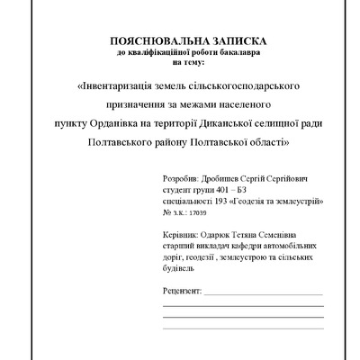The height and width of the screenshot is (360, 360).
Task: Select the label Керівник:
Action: point(184,236)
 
